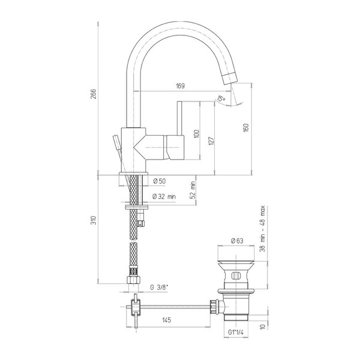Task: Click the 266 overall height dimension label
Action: (94, 94)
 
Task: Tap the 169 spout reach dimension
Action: (180, 86)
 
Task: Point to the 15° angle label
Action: (221, 98)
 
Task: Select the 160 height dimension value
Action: (246, 128)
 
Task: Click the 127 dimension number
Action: (212, 141)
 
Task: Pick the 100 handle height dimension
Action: (197, 134)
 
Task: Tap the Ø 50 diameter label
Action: (159, 181)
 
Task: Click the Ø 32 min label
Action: (164, 197)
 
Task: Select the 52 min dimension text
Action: (193, 190)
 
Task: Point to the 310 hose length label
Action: (94, 220)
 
